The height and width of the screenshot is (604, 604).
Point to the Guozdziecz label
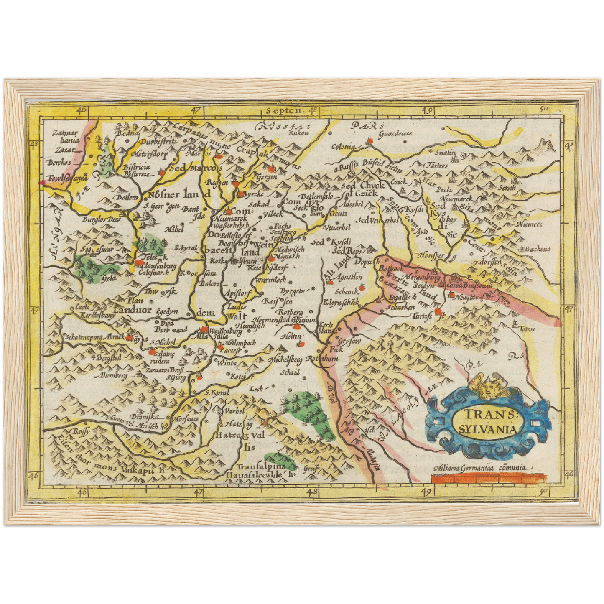395,133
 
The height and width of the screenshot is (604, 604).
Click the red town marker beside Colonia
369,142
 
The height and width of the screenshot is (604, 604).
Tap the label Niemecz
529,224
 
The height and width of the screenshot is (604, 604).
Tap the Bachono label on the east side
537,249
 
